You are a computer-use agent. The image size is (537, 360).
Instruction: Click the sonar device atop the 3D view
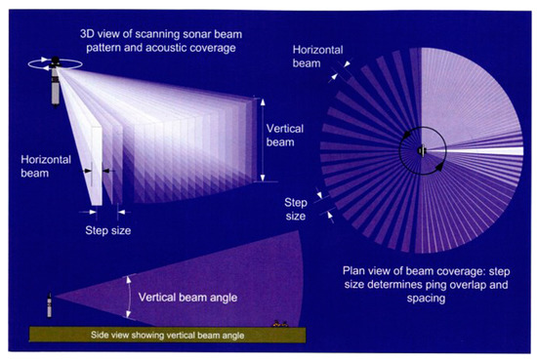tap(57, 78)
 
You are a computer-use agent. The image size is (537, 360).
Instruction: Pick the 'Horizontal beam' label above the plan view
tap(312, 53)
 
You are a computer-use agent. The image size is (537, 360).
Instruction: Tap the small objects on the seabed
tap(279, 323)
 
